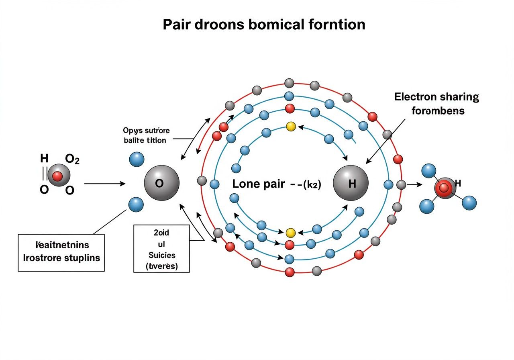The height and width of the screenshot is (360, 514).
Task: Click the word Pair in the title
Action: coord(177,25)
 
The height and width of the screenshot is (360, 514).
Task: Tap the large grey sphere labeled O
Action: coord(161,183)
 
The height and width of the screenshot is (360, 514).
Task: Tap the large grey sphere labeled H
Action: coord(351,183)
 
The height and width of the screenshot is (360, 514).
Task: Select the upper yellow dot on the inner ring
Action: coord(291,127)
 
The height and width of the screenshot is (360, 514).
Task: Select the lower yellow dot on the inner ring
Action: coord(291,233)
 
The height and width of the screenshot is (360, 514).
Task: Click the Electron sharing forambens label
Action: coord(437,103)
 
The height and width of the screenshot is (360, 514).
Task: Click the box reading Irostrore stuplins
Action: coord(61,252)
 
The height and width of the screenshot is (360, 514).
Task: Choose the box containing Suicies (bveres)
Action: coord(161,248)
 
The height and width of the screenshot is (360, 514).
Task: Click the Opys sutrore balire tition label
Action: coord(146,135)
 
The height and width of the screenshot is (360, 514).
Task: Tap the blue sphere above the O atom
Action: coord(137,160)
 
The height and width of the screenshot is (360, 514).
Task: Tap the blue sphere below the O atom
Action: coord(136,205)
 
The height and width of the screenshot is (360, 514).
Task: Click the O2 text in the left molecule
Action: coord(72,160)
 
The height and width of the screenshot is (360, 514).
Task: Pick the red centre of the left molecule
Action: coord(58,176)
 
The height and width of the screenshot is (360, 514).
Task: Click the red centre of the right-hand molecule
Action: coord(444,188)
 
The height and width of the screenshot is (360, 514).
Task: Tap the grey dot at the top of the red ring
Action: coord(289,83)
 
